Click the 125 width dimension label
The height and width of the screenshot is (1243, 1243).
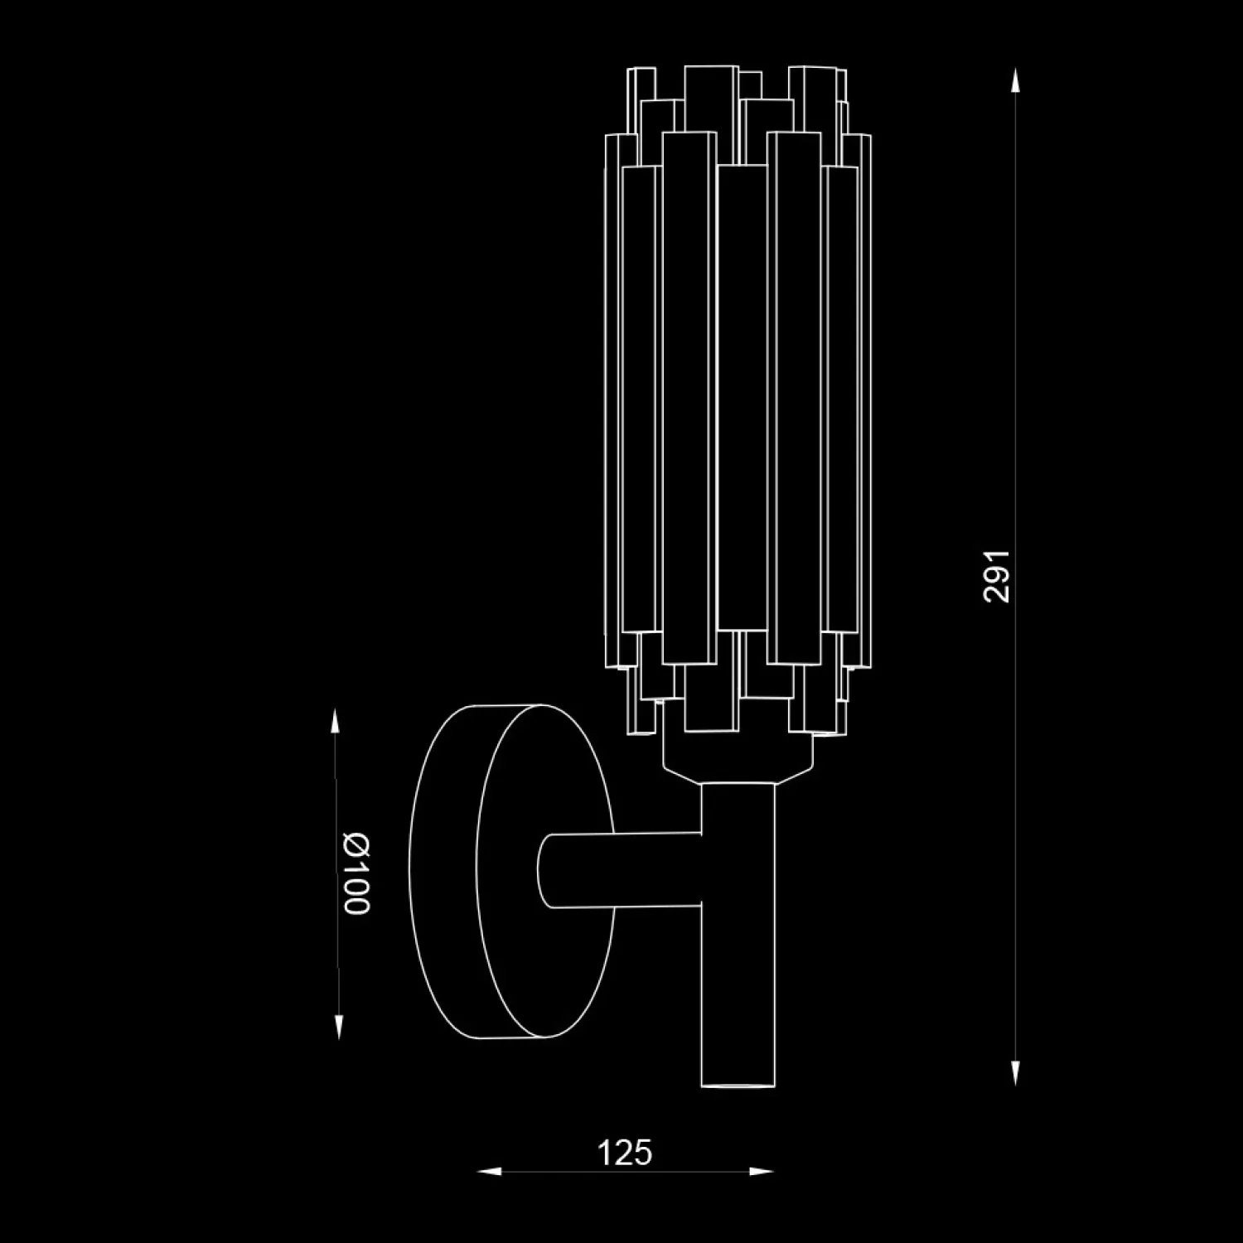[625, 1153]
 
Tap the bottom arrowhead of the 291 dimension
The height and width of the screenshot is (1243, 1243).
[1016, 1071]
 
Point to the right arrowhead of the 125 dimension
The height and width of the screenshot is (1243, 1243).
[760, 1172]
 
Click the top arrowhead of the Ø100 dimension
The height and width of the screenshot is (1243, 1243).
[336, 723]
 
